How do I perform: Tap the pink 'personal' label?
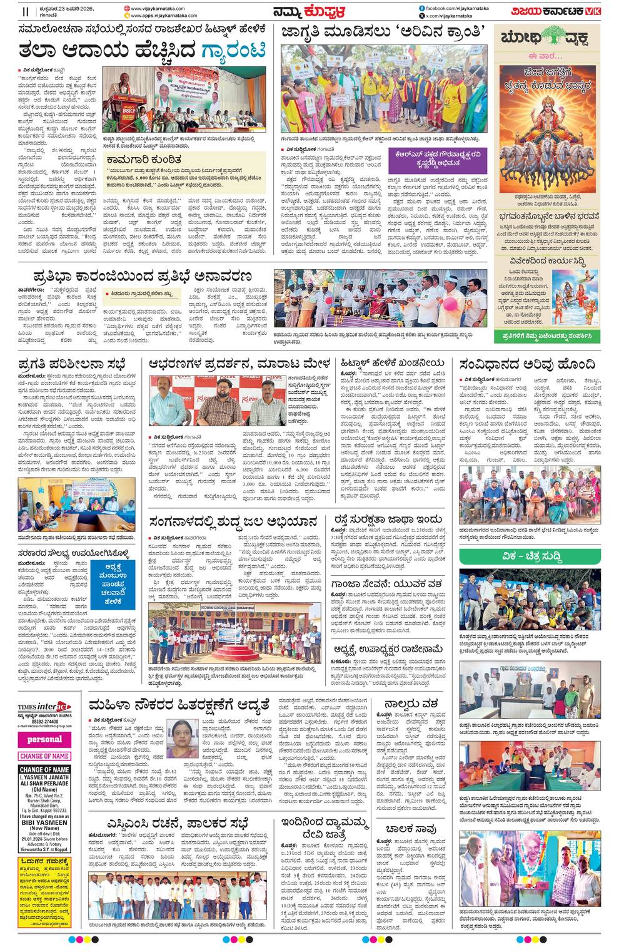(x=44, y=739)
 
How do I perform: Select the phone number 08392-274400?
(x=44, y=720)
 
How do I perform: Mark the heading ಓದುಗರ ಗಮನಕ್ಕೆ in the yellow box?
(x=44, y=862)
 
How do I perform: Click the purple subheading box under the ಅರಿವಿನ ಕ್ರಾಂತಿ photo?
(x=436, y=159)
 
